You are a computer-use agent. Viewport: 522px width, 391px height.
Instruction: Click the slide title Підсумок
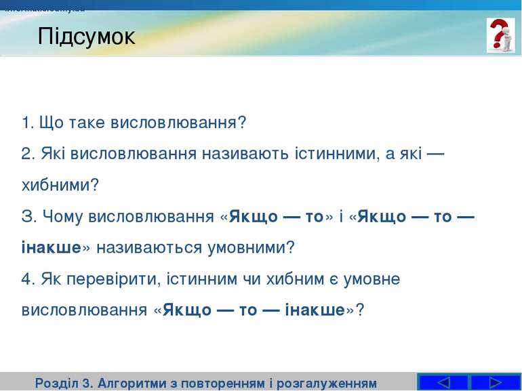(86, 36)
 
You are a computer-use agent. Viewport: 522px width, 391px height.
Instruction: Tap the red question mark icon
(500, 35)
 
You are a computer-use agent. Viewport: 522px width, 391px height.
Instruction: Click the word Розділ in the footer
(56, 383)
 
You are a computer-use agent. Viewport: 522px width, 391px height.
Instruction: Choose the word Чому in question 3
(62, 216)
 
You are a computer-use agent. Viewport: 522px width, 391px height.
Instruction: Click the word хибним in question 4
(295, 279)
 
